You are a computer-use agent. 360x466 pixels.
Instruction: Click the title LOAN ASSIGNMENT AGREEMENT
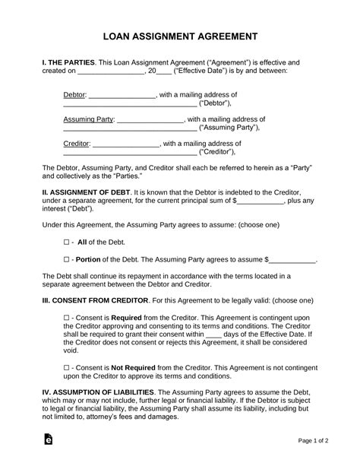coord(180,36)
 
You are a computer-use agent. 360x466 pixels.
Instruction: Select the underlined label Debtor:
coord(74,95)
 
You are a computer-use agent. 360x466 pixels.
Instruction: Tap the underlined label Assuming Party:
coord(87,119)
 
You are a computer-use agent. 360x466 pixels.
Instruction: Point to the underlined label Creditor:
coord(76,143)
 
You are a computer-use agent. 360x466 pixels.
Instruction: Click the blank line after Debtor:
coord(122,96)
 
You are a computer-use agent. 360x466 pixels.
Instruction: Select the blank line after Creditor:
coord(126,144)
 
